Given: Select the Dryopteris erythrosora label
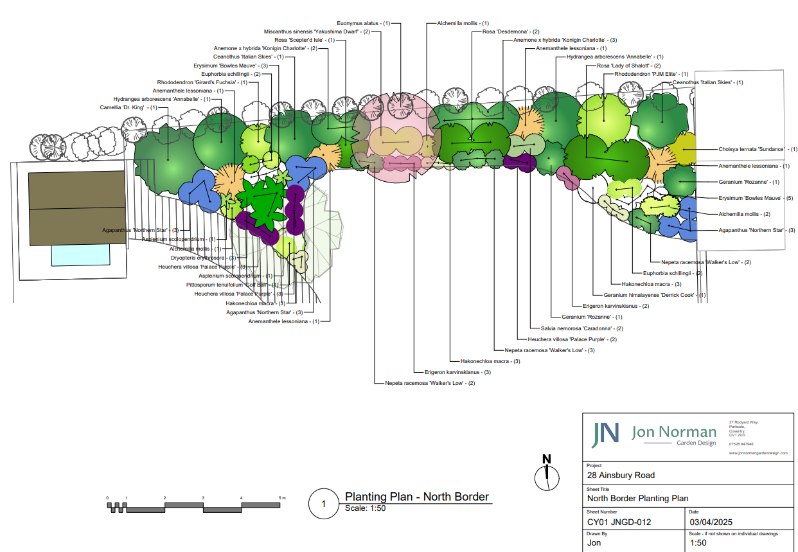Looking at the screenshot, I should (x=194, y=258).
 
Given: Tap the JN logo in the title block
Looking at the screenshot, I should (x=606, y=435).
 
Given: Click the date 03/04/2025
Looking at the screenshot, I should (x=711, y=522).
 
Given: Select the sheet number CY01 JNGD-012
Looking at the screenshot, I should (x=619, y=522).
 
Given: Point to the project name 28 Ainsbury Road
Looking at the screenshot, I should (x=621, y=476).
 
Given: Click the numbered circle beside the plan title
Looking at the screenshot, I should (x=323, y=504).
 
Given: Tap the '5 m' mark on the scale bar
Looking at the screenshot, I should (x=281, y=498).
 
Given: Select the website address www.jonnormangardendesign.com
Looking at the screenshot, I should (x=758, y=453).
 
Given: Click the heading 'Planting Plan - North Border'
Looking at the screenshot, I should (x=417, y=497).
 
